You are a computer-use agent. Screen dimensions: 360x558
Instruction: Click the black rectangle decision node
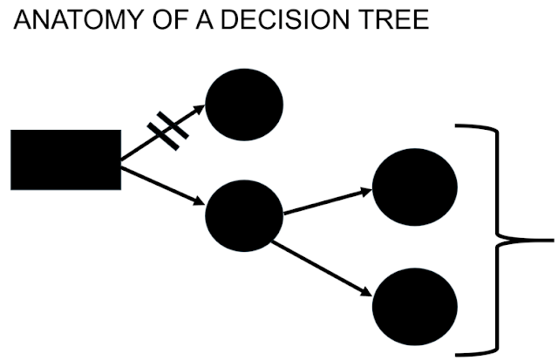tap(65, 160)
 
